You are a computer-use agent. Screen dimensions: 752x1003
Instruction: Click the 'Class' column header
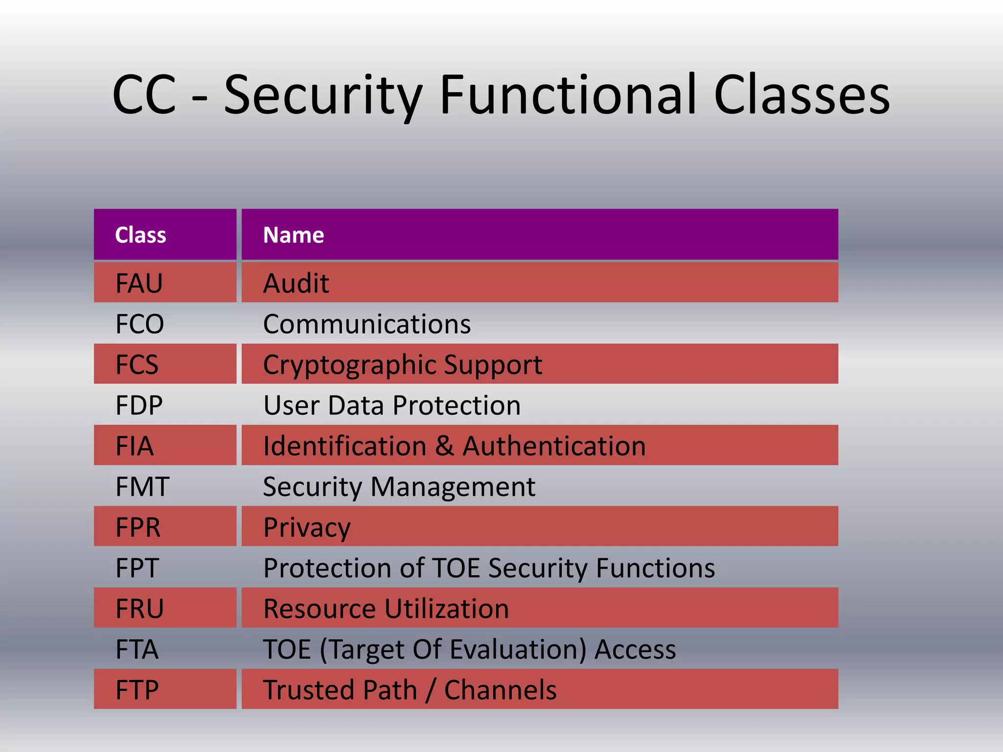click(x=141, y=235)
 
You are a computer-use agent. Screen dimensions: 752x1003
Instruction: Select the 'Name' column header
click(x=293, y=235)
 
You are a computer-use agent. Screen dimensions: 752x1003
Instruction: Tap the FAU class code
click(x=139, y=283)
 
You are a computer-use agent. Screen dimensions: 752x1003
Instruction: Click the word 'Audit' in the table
click(x=296, y=283)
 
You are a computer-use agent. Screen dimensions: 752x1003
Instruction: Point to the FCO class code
click(x=140, y=324)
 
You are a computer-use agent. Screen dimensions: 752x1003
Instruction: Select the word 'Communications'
click(x=367, y=324)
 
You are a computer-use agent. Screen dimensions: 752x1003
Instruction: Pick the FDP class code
click(x=139, y=405)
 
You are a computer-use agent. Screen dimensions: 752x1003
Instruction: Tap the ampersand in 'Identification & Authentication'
click(x=444, y=446)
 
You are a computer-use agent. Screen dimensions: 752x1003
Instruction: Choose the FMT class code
click(x=143, y=487)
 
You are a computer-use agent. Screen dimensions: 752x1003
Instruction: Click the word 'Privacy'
click(x=307, y=528)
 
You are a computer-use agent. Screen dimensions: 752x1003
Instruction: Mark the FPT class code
click(x=137, y=568)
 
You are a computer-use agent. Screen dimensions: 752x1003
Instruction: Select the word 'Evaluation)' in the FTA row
click(x=518, y=650)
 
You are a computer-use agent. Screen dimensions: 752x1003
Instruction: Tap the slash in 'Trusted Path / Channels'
click(x=430, y=690)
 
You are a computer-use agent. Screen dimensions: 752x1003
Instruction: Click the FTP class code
click(x=137, y=690)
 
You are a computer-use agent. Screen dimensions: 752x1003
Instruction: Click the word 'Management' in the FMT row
click(x=453, y=487)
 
